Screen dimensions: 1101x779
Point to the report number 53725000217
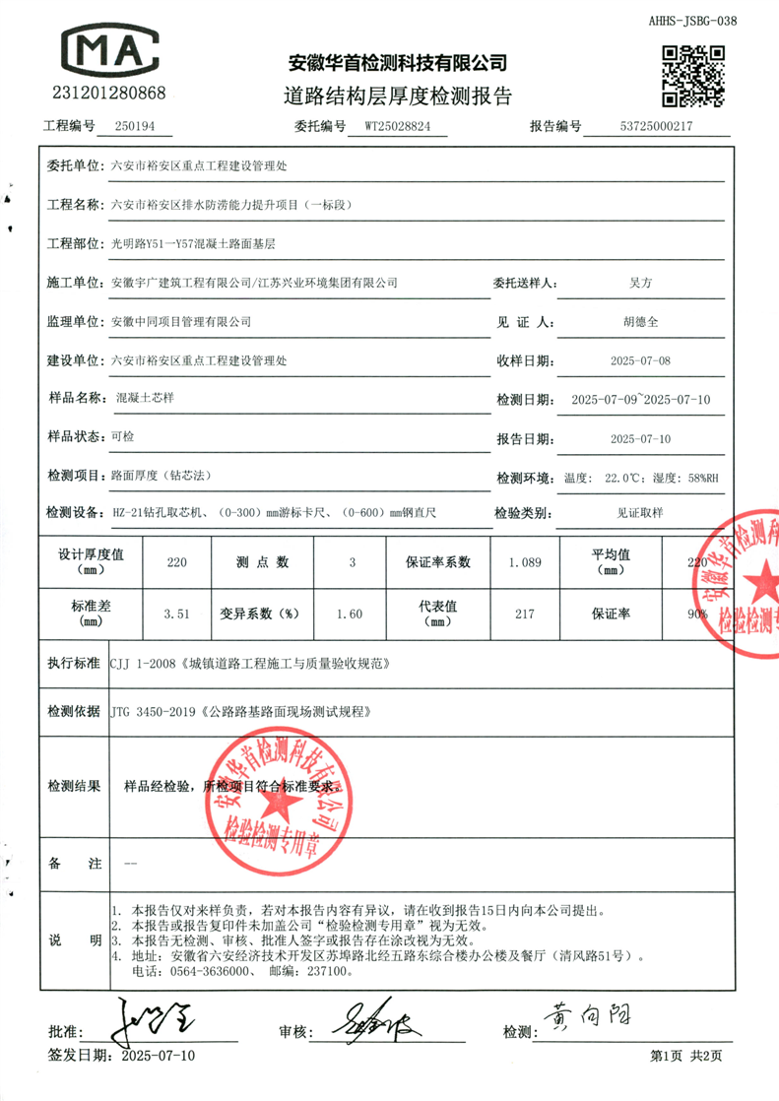[x=657, y=127]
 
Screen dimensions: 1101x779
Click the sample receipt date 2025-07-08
[x=640, y=361]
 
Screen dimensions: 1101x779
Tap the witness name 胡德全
[x=640, y=322]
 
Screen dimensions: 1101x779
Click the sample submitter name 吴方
[x=640, y=283]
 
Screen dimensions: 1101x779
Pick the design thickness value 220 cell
[x=176, y=563]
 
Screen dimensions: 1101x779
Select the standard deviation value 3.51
[x=176, y=614]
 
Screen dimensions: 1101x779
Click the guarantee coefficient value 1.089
[x=524, y=563]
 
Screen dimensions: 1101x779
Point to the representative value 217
[x=524, y=614]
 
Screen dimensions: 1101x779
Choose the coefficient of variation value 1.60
[x=350, y=614]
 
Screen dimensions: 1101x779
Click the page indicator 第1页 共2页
[x=686, y=1057]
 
